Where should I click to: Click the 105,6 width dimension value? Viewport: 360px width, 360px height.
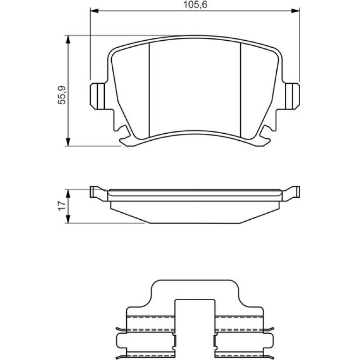[x=195, y=5]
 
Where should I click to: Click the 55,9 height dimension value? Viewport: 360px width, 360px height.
[x=62, y=95]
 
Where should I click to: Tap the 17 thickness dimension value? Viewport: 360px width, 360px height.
[x=62, y=206]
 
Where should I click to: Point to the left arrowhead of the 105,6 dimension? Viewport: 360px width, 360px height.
[x=94, y=11]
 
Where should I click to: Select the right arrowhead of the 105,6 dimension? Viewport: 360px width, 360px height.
[x=295, y=11]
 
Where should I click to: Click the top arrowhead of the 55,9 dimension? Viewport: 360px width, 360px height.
[x=68, y=40]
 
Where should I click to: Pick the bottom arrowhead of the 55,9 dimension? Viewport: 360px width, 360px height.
[x=68, y=142]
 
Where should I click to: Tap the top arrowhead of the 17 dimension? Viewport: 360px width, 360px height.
[x=68, y=194]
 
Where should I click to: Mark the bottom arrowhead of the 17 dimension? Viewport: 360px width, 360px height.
[x=68, y=219]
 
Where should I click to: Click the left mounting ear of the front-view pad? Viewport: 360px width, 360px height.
[x=97, y=96]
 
